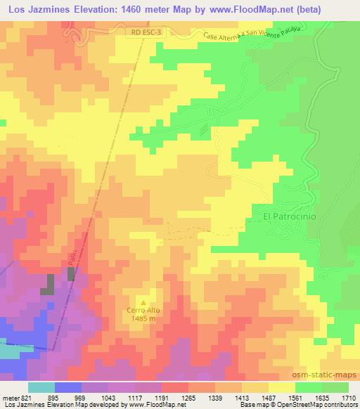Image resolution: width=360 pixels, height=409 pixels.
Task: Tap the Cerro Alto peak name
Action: click(146, 309)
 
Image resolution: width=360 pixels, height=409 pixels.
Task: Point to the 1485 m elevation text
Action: click(146, 318)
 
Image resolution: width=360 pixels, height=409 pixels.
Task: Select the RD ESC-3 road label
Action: click(147, 32)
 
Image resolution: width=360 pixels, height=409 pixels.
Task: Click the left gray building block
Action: click(50, 285)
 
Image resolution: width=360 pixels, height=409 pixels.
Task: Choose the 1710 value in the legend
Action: click(349, 397)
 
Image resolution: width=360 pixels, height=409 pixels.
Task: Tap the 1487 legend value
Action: click(269, 397)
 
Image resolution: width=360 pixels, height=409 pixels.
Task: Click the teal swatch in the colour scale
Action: click(41, 387)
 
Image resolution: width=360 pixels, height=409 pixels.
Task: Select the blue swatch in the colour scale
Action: click(68, 387)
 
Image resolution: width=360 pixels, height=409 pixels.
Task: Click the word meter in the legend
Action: click(10, 397)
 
